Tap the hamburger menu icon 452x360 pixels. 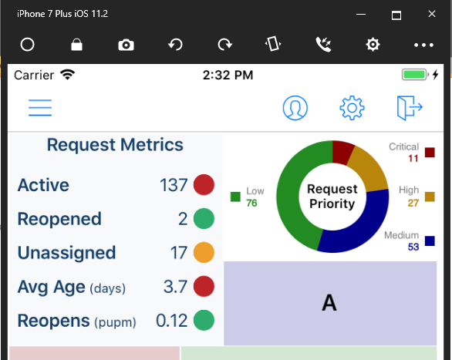coord(39,108)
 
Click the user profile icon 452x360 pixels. coord(295,108)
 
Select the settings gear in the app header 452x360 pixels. coord(352,108)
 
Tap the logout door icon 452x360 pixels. coord(410,108)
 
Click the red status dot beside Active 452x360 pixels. coord(203,185)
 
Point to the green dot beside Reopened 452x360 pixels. coord(203,219)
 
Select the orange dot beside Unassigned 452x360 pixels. coord(203,253)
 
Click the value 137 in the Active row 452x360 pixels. coord(174,185)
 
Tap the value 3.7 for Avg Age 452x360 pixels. coord(176,287)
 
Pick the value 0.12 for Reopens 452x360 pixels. coord(171,321)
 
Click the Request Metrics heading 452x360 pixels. coord(115,145)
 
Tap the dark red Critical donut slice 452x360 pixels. coord(342,152)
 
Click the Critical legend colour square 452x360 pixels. coord(430,152)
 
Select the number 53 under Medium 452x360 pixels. coord(413,247)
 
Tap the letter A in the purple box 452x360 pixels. coord(329,304)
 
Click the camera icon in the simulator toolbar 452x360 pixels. coord(126,45)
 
